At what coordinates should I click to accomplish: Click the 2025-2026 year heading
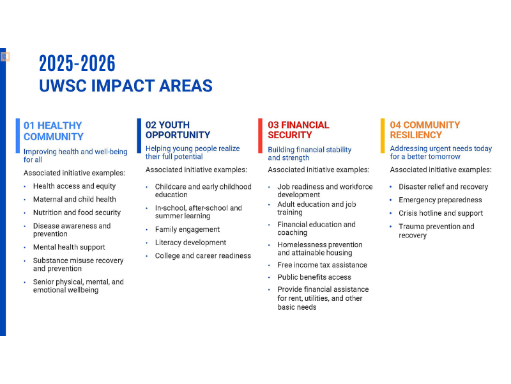pyautogui.click(x=77, y=63)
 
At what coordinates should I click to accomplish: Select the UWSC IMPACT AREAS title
pyautogui.click(x=125, y=86)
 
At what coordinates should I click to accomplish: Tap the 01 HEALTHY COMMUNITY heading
pyautogui.click(x=54, y=131)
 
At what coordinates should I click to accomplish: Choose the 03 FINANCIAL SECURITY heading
pyautogui.click(x=298, y=130)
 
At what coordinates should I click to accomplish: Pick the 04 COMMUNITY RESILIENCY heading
pyautogui.click(x=425, y=130)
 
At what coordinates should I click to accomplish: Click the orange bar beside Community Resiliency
pyautogui.click(x=383, y=135)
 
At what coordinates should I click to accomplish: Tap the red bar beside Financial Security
pyautogui.click(x=261, y=135)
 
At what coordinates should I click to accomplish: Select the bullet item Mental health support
pyautogui.click(x=69, y=247)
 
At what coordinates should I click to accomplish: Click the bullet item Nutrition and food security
pyautogui.click(x=77, y=212)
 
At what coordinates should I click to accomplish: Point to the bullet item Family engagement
pyautogui.click(x=187, y=229)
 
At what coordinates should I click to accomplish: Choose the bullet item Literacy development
pyautogui.click(x=190, y=243)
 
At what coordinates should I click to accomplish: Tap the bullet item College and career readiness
pyautogui.click(x=202, y=256)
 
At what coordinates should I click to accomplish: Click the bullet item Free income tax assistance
pyautogui.click(x=322, y=265)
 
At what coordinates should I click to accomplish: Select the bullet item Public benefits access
pyautogui.click(x=314, y=277)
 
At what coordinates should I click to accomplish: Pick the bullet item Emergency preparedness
pyautogui.click(x=440, y=200)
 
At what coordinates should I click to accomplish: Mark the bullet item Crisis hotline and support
pyautogui.click(x=441, y=213)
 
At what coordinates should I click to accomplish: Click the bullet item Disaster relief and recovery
pyautogui.click(x=443, y=187)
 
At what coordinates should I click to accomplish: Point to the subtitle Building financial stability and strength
pyautogui.click(x=309, y=154)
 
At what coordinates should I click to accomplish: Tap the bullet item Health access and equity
pyautogui.click(x=74, y=186)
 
